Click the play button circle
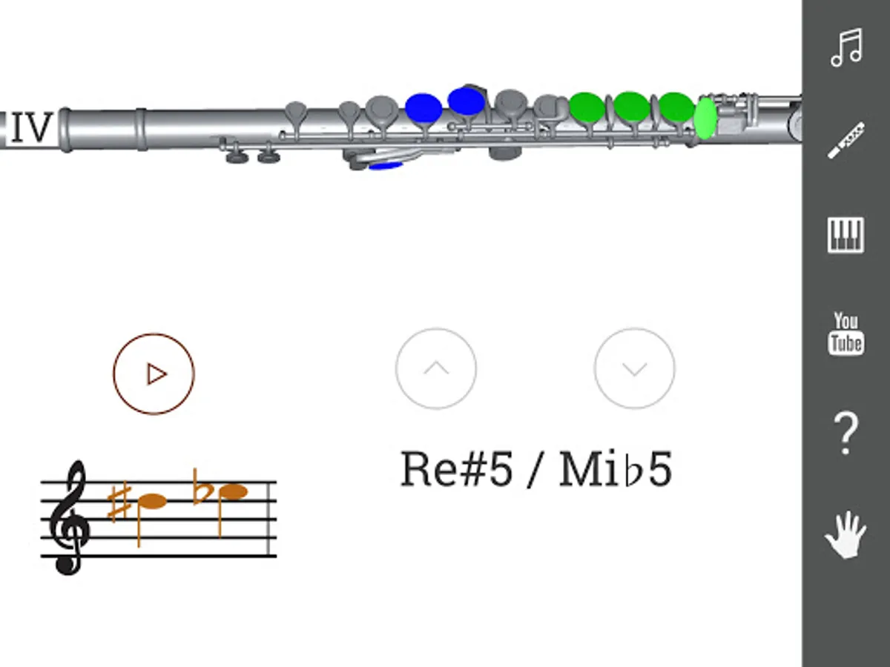154,374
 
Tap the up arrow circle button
436,368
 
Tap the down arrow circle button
635,368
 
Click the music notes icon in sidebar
845,47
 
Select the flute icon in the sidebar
845,140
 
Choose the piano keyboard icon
845,235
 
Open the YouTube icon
845,333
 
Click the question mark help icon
845,434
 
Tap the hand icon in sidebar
845,534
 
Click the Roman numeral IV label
32,127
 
